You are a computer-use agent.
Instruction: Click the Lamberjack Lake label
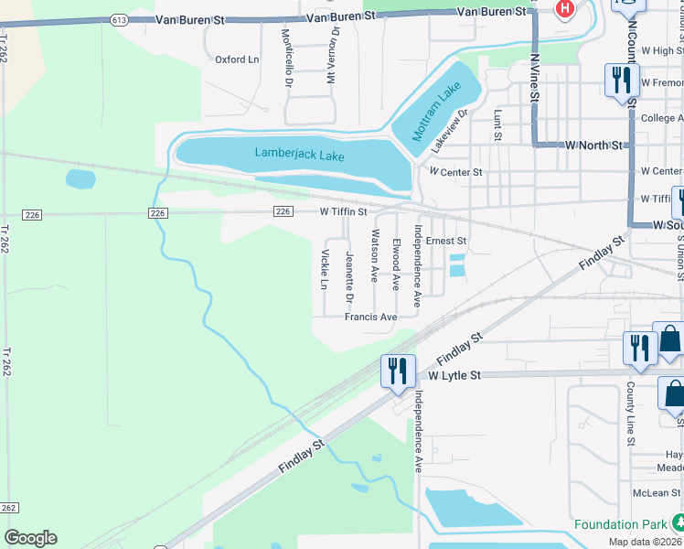pos(299,155)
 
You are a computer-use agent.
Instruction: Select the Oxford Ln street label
pos(237,59)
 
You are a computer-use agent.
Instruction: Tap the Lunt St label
pos(498,125)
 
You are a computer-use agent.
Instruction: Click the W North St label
pos(593,145)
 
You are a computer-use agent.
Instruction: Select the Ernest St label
pos(447,241)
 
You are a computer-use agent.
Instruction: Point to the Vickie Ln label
pos(324,269)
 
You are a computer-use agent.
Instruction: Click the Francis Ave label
pos(370,317)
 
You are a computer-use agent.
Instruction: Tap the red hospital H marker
pos(565,9)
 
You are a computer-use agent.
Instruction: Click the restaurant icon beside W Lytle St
pos(397,371)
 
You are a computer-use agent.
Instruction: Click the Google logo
pos(30,538)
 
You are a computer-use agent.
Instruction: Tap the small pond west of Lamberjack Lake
pos(80,179)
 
